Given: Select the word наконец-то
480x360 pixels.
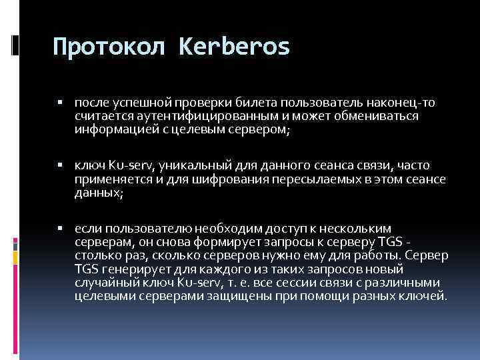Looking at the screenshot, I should coord(397,103).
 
